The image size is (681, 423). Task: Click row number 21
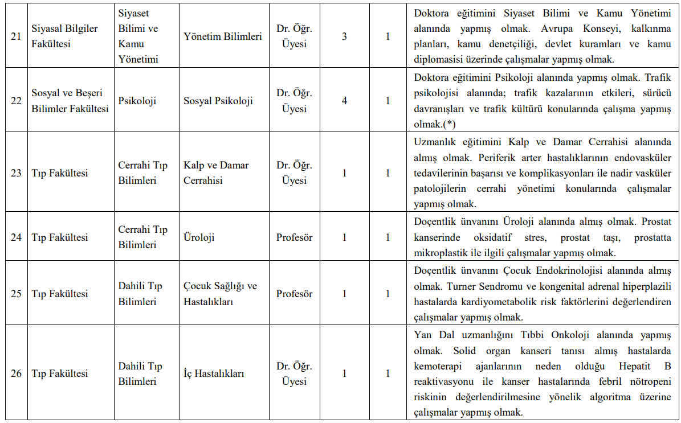click(17, 36)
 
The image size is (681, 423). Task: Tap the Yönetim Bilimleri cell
click(223, 36)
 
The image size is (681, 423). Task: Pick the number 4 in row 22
click(344, 101)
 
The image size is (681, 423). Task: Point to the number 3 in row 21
click(344, 36)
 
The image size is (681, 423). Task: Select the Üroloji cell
click(199, 237)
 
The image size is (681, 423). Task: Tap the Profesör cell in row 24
click(295, 237)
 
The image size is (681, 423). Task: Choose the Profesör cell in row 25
click(295, 294)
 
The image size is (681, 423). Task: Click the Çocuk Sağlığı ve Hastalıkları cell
click(220, 294)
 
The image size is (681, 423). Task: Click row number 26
click(17, 373)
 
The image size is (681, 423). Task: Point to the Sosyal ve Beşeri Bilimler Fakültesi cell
click(70, 101)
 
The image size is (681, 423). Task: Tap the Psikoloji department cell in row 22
click(137, 101)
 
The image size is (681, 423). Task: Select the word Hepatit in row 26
click(632, 364)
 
